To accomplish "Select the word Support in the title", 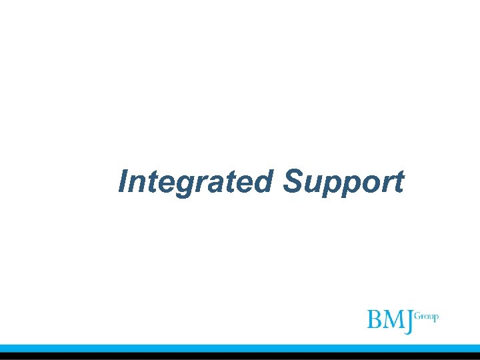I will [x=343, y=181].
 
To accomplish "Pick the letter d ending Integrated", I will [x=264, y=181].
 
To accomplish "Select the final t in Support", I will [x=397, y=182].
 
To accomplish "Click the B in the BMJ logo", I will [x=375, y=319].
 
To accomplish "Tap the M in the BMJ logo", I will [x=393, y=319].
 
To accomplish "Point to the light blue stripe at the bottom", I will [x=240, y=348].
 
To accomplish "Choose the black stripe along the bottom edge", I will [x=240, y=356].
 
